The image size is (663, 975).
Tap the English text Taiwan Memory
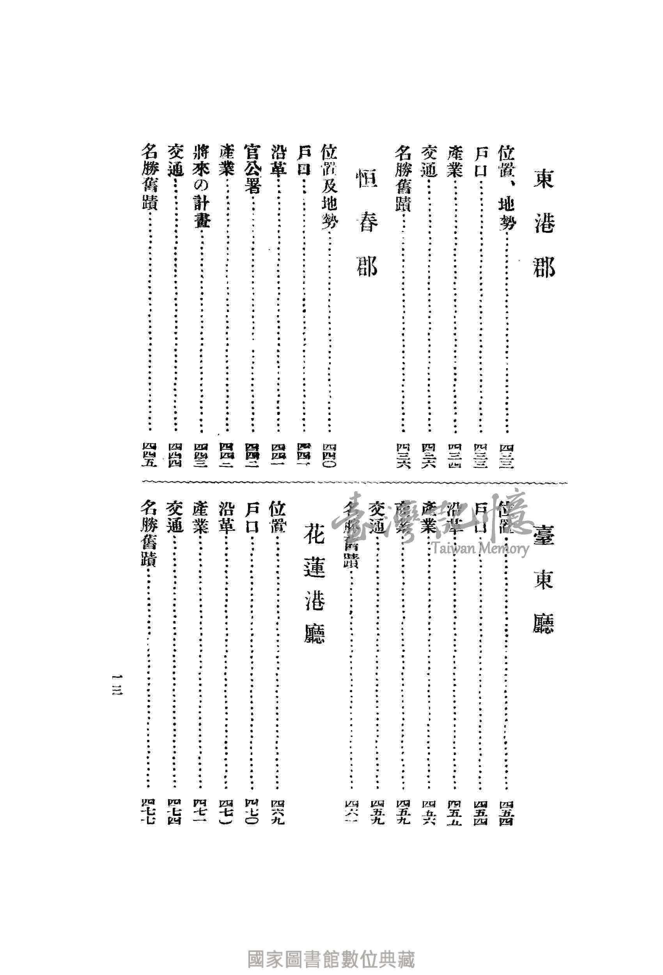[x=480, y=548]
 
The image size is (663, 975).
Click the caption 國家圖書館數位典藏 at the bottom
[x=331, y=947]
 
